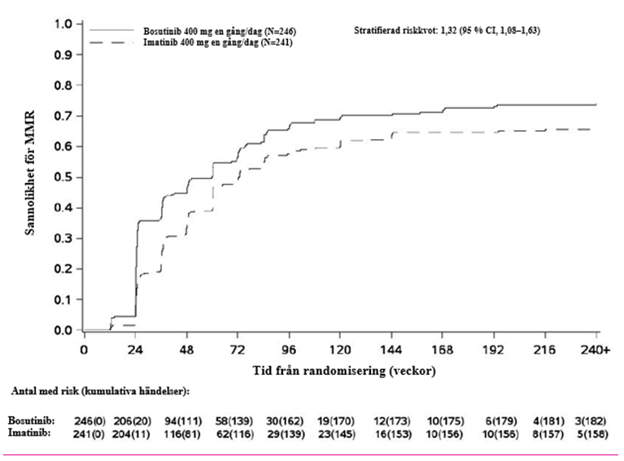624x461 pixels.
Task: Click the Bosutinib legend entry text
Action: coord(220,31)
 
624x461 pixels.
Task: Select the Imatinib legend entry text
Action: coord(218,42)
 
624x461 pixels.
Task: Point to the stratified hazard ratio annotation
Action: coord(447,30)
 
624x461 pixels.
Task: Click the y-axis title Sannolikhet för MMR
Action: coord(30,172)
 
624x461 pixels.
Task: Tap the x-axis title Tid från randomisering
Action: coord(344,371)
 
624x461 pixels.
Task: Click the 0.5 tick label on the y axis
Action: coord(63,177)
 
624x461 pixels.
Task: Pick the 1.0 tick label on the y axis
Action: coord(63,24)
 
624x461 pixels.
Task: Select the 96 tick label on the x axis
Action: coord(289,350)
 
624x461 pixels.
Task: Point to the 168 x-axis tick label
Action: coord(443,350)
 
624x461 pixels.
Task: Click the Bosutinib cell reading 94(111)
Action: coord(183,421)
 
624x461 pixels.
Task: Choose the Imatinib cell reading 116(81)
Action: coord(182,434)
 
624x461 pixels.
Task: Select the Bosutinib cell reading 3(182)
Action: coord(591,421)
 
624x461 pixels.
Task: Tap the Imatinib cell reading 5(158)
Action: coord(591,434)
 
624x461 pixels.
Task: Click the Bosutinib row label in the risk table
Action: coord(32,420)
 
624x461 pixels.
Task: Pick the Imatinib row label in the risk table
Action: coord(29,433)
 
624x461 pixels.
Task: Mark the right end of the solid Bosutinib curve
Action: coord(596,105)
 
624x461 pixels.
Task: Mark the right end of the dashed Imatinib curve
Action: coord(591,129)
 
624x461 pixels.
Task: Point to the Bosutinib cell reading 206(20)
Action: coord(133,421)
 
